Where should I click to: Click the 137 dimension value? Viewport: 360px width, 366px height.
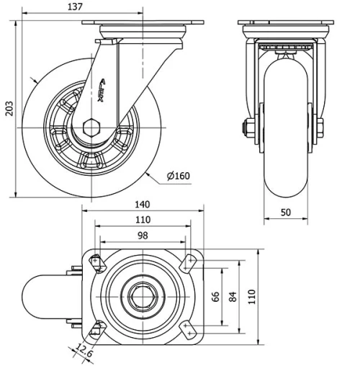75,6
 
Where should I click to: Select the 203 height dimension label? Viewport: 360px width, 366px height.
9,109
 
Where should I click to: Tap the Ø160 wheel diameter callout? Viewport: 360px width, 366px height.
179,176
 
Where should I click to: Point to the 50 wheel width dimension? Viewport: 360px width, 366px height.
286,213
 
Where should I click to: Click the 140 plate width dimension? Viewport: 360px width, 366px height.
143,205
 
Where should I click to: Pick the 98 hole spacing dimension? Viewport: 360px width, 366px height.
143,236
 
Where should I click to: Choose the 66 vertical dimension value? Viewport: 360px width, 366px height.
215,297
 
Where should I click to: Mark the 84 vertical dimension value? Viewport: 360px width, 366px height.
233,297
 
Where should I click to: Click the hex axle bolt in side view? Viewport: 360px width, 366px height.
91,128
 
